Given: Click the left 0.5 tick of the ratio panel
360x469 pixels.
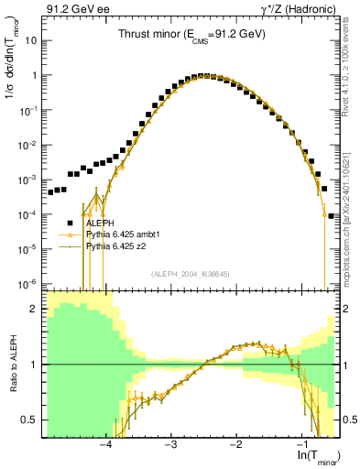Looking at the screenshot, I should coord(31,420).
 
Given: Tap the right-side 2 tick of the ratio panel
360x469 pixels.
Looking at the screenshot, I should coord(346,309).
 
